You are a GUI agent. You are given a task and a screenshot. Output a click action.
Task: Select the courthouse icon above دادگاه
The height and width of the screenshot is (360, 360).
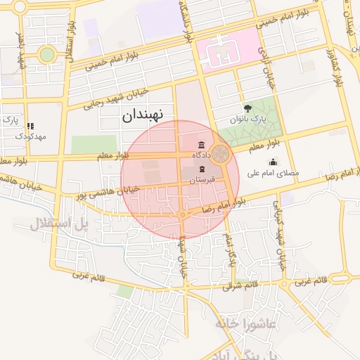[x=202, y=145]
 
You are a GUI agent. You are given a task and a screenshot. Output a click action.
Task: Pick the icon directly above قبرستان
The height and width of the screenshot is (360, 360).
[x=202, y=170]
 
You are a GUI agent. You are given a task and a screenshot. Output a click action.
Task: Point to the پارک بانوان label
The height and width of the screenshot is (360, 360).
[x=248, y=120]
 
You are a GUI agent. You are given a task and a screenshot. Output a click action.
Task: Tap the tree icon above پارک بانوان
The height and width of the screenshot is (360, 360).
[x=247, y=108]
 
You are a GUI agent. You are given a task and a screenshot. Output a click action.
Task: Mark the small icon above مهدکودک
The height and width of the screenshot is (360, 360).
[x=31, y=125]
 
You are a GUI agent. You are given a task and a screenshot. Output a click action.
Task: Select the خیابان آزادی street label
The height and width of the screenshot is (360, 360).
[x=266, y=70]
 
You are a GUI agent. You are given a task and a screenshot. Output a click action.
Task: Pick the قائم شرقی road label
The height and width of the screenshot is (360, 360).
[x=240, y=285]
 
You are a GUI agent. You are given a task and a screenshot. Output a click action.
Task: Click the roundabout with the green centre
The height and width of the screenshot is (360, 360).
[x=46, y=54]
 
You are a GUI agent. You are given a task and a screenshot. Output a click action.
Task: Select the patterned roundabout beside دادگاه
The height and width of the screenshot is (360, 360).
[x=221, y=154]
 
